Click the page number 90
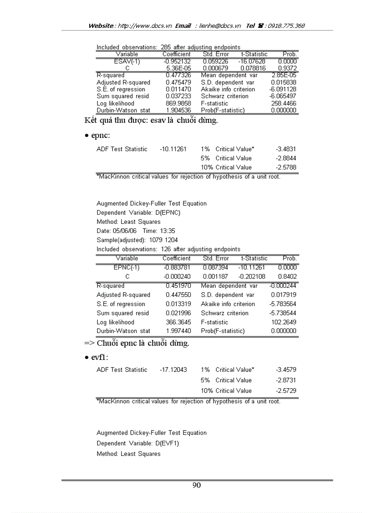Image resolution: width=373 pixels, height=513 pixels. pyautogui.click(x=197, y=485)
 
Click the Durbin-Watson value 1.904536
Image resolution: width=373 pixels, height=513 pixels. pyautogui.click(x=178, y=110)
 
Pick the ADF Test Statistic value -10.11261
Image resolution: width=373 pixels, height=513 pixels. pyautogui.click(x=173, y=149)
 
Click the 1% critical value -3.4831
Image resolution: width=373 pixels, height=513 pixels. pyautogui.click(x=286, y=149)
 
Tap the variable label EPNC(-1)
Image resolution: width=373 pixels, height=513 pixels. pyautogui.click(x=127, y=267)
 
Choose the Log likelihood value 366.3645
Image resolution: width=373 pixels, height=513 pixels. pyautogui.click(x=178, y=322)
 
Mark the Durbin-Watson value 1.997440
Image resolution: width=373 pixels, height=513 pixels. pyautogui.click(x=178, y=331)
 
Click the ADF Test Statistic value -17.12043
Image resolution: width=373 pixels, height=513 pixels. pyautogui.click(x=173, y=370)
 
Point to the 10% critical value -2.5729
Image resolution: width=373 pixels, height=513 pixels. pyautogui.click(x=286, y=391)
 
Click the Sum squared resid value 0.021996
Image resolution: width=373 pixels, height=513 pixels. pyautogui.click(x=178, y=313)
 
